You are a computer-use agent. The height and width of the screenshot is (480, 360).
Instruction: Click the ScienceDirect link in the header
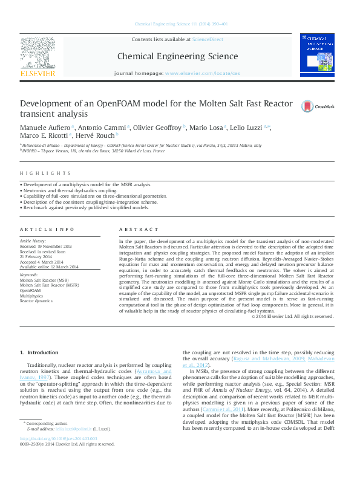pos(208,39)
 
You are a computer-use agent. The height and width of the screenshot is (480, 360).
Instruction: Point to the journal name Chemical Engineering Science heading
pos(177,56)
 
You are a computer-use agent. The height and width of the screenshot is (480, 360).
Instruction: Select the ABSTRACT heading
pos(134,230)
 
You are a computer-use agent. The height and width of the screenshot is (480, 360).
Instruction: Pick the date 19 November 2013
pos(55,247)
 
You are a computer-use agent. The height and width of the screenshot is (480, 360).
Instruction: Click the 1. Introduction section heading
pos(39,352)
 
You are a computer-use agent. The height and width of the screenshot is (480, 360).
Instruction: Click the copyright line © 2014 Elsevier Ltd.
pos(293,316)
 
